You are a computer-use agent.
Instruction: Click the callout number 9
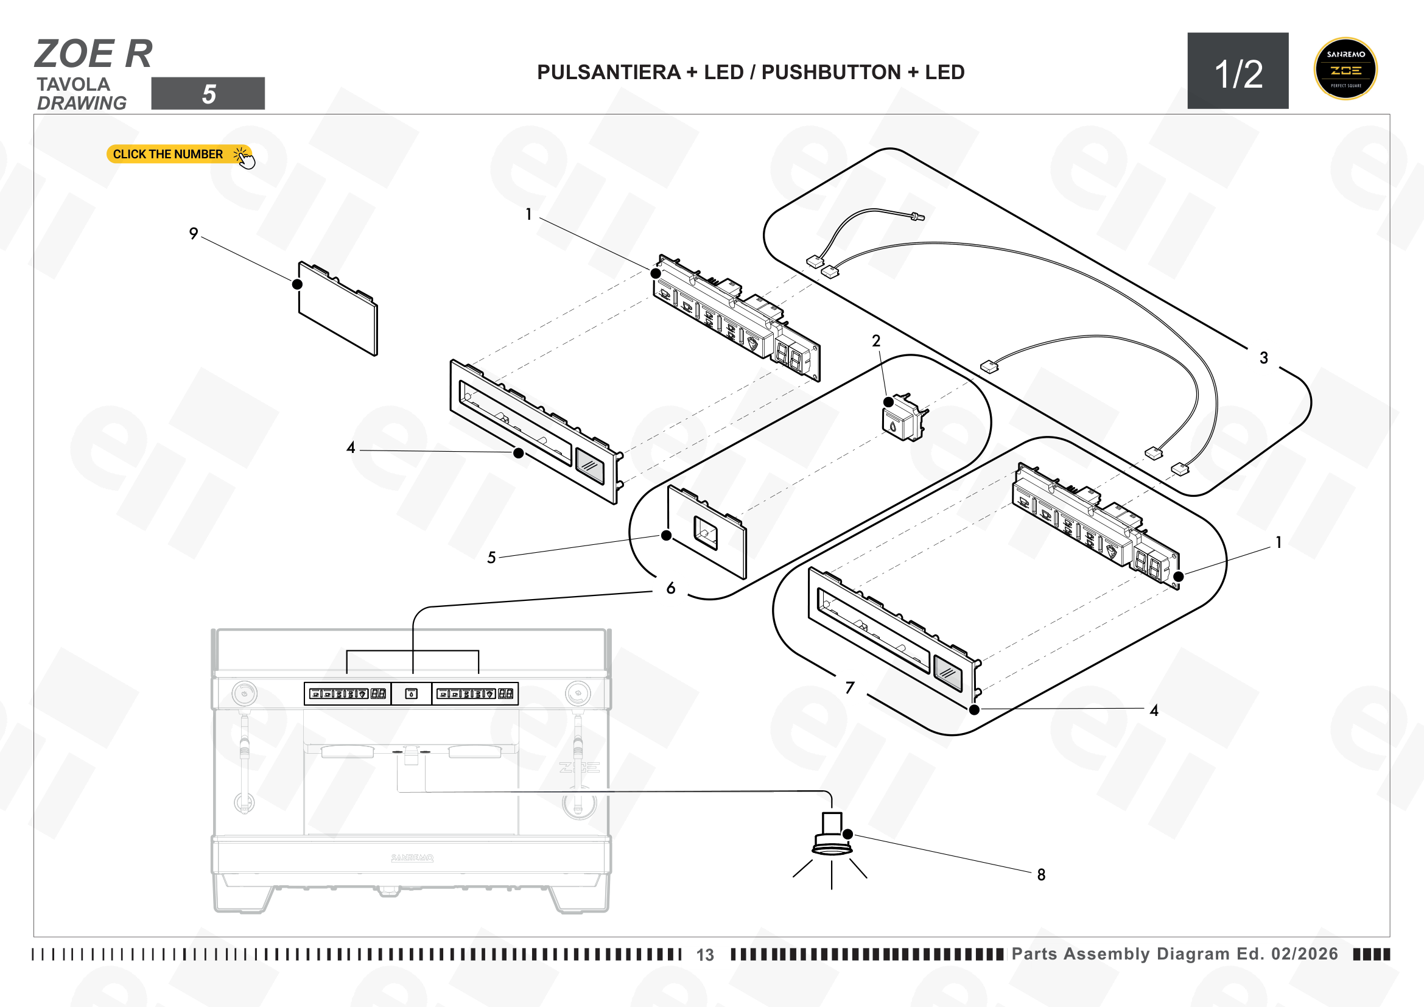tap(194, 233)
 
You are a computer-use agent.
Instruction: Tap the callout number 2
tap(875, 340)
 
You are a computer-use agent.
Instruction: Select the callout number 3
tap(1264, 358)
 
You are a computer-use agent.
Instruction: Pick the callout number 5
tap(491, 558)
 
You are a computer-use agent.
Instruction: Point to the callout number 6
tap(670, 588)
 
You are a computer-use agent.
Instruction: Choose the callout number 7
tap(850, 687)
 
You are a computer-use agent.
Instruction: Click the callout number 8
tap(1041, 874)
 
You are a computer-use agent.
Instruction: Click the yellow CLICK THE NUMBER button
tap(179, 154)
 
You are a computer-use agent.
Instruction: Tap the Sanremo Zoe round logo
tap(1345, 69)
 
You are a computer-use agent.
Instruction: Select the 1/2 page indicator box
tap(1238, 71)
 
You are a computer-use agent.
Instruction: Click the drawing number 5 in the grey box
tap(208, 94)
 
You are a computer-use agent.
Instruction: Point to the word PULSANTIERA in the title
tap(608, 72)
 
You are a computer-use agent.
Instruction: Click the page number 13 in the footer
tap(705, 955)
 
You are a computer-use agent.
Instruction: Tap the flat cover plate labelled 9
tap(338, 308)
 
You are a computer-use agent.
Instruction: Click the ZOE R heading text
tap(94, 54)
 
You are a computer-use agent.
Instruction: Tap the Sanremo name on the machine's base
tap(412, 858)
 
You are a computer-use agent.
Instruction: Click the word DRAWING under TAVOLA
tap(82, 103)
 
